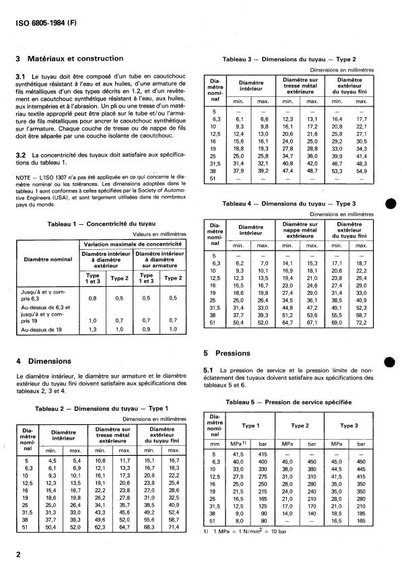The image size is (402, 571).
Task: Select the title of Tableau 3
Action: tap(289, 60)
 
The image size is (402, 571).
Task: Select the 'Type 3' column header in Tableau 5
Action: tap(349, 426)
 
